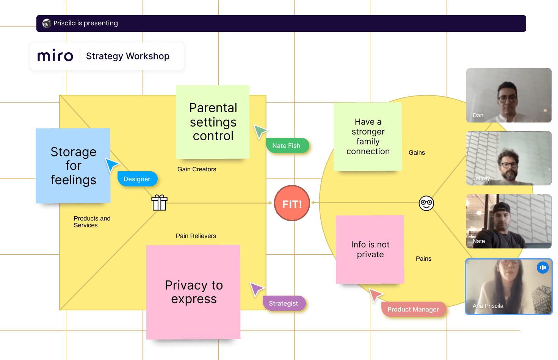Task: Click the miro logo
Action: [55, 56]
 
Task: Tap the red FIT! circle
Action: [292, 203]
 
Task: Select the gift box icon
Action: [159, 203]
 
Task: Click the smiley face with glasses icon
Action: [426, 203]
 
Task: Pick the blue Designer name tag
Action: [137, 179]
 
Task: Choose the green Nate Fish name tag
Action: [287, 146]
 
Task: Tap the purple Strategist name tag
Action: [284, 303]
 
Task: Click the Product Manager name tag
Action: [413, 309]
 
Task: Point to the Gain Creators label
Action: [197, 169]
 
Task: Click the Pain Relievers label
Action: [196, 236]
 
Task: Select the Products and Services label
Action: [92, 222]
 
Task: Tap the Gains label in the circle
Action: [417, 152]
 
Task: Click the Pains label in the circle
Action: [423, 258]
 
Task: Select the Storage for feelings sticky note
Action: [73, 166]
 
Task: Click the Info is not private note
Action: [370, 249]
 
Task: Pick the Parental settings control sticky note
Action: [213, 122]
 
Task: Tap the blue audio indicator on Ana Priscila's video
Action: [543, 268]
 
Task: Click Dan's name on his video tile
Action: [478, 115]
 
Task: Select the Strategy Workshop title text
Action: [128, 56]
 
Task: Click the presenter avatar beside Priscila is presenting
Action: [47, 23]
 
